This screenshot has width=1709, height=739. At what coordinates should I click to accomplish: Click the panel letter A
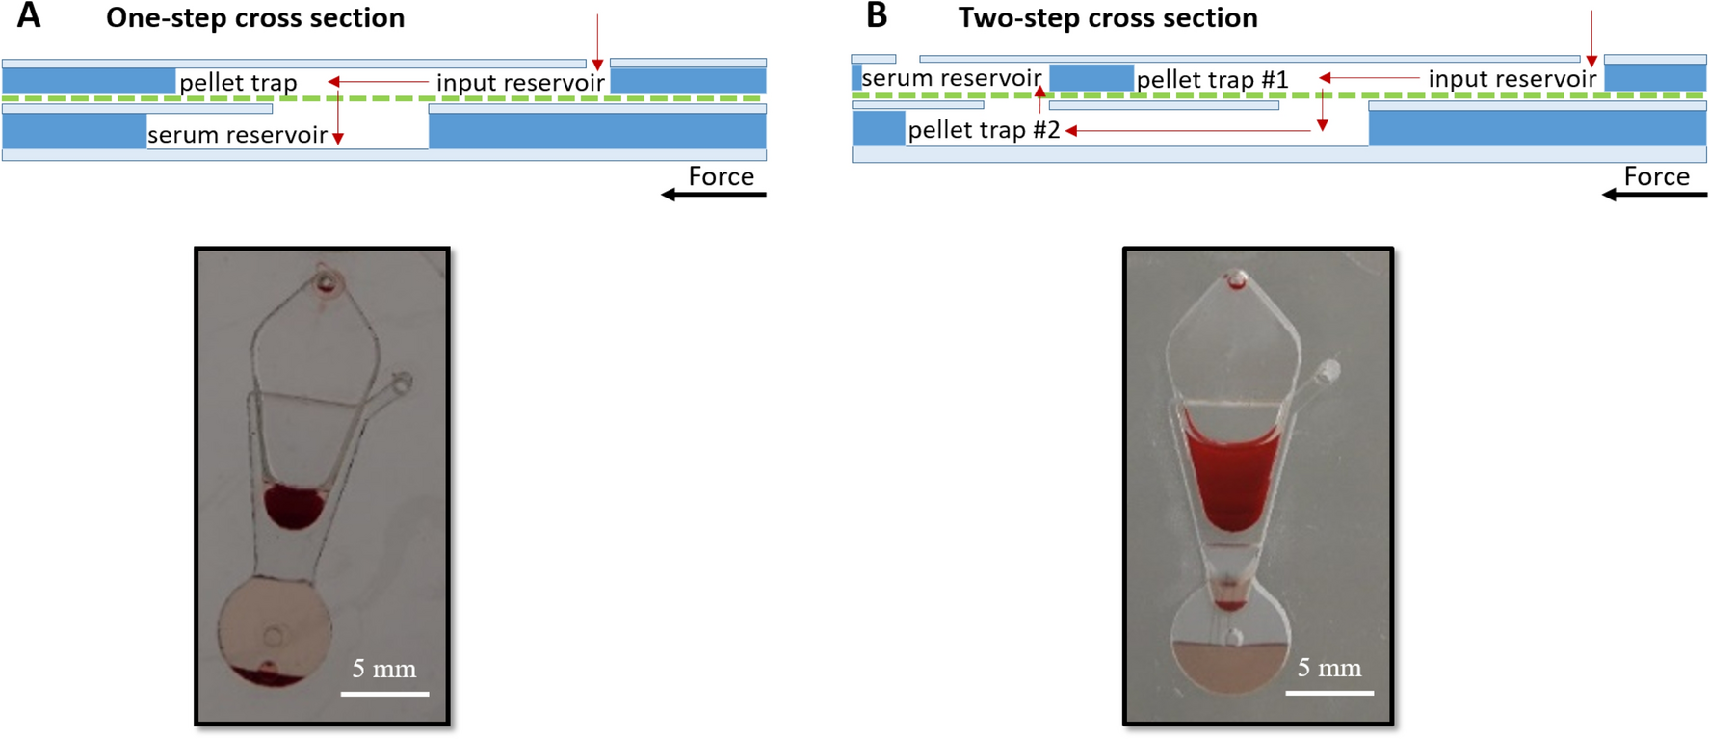click(29, 16)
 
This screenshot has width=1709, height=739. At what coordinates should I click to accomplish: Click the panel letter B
click(876, 16)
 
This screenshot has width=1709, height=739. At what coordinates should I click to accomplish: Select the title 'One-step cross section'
click(255, 18)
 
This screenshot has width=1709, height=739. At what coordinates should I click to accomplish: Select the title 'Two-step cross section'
click(1108, 18)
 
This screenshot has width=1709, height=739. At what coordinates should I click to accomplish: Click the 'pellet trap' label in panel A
click(238, 83)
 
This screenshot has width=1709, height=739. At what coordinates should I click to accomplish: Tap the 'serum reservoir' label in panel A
click(237, 135)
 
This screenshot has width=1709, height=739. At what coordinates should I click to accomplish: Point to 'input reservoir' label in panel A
click(520, 83)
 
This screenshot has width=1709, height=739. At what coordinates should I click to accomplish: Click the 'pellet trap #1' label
click(1212, 80)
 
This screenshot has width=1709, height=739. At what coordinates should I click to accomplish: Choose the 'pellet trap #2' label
click(984, 130)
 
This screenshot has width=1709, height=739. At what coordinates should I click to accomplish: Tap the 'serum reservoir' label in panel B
click(951, 78)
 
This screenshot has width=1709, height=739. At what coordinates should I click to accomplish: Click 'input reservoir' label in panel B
click(1512, 79)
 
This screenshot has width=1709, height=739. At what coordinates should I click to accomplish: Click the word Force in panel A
click(721, 176)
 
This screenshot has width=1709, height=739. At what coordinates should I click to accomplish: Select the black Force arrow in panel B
click(1654, 195)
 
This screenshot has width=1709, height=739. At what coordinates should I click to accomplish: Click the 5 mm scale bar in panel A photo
click(384, 693)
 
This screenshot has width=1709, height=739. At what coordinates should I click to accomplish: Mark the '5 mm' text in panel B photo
click(1328, 668)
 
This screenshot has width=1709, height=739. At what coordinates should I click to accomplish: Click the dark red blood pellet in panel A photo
click(294, 506)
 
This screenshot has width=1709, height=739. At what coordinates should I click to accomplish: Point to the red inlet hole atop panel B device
click(1235, 281)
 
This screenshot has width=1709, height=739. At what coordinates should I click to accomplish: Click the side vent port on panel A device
click(401, 383)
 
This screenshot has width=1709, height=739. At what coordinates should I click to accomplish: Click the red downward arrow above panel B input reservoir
click(1591, 39)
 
